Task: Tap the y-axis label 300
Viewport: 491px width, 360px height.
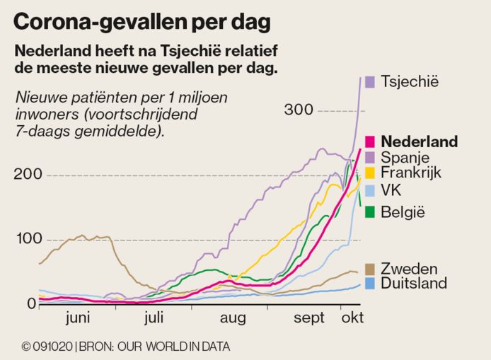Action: click(x=299, y=110)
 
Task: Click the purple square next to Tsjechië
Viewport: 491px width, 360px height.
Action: click(x=369, y=81)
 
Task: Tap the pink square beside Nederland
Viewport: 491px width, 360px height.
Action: click(x=369, y=141)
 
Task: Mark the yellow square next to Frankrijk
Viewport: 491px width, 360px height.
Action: click(x=369, y=172)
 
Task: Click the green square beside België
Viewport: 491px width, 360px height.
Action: click(x=369, y=211)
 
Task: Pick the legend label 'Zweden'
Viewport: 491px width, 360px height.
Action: click(x=408, y=269)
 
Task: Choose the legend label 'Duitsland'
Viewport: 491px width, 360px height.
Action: click(x=414, y=284)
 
